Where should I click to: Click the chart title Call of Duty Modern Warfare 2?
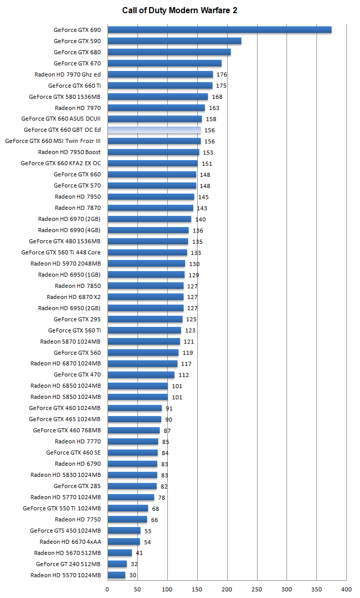[x=179, y=10]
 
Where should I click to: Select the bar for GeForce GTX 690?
[x=219, y=30]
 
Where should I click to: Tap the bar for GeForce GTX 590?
[x=174, y=41]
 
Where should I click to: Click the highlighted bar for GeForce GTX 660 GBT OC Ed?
[x=154, y=130]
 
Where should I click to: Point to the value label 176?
[x=222, y=74]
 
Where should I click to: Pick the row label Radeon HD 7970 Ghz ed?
[x=67, y=74]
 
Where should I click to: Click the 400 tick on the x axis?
[x=347, y=589]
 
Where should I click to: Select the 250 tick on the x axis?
[x=257, y=589]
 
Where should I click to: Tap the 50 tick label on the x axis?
[x=137, y=589]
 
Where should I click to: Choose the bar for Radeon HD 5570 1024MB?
[x=116, y=575]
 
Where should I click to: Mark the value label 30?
[x=133, y=575]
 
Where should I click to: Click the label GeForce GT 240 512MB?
[x=68, y=564]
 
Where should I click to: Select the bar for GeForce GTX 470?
[x=140, y=375]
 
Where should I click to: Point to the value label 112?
[x=184, y=375]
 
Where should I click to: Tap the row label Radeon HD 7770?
[x=78, y=441]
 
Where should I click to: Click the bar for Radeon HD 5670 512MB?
[x=119, y=553]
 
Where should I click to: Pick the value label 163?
[x=214, y=108]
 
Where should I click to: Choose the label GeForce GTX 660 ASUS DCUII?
[x=61, y=119]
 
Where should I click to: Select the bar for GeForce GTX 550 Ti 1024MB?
[x=127, y=508]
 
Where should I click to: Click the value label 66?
[x=155, y=519]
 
